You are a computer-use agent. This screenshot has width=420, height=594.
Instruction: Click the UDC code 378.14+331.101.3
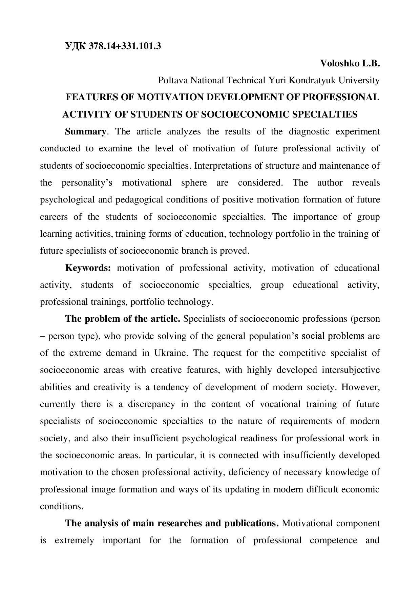(x=125, y=46)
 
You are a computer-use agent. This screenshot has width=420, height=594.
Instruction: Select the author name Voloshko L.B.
(x=350, y=63)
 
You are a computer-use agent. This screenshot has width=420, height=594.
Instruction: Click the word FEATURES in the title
(x=88, y=98)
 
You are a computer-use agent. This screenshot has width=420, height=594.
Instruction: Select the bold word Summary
(x=85, y=131)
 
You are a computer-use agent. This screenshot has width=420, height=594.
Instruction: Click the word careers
(x=54, y=217)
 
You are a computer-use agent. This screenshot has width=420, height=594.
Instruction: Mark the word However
(x=361, y=387)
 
